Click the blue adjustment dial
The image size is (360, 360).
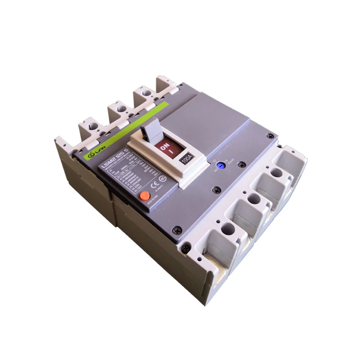[220, 166]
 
